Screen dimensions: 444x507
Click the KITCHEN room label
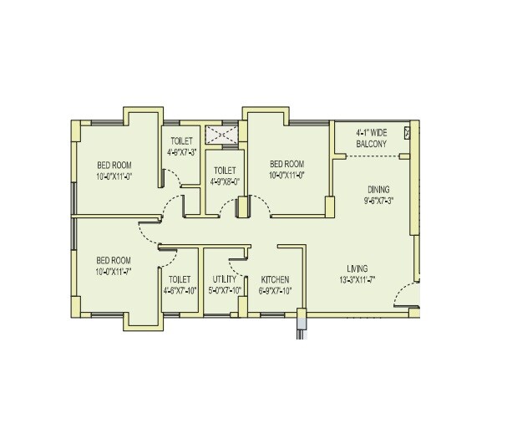click(x=275, y=279)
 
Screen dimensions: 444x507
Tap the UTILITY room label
click(x=225, y=279)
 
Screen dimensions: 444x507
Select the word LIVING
click(x=357, y=268)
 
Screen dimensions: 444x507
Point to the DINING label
click(x=378, y=190)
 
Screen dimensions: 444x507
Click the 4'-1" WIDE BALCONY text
click(x=372, y=138)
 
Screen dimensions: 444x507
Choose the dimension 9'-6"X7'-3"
click(x=378, y=201)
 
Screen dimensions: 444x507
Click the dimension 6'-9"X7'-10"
click(x=275, y=290)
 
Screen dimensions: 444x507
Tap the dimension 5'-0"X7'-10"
click(x=225, y=290)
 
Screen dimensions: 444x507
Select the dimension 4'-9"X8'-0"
click(x=224, y=181)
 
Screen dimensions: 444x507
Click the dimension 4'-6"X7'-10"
click(x=180, y=290)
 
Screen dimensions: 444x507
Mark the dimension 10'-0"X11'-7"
click(x=114, y=272)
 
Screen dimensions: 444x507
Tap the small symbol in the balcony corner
click(x=408, y=132)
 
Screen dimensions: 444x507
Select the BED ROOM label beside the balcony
click(x=286, y=164)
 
